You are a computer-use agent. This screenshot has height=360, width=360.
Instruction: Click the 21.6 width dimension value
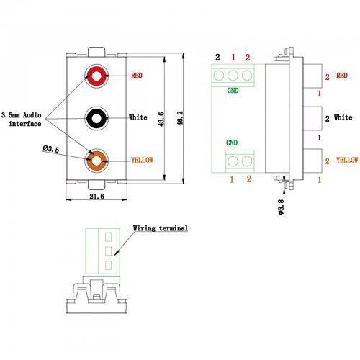[x=96, y=197]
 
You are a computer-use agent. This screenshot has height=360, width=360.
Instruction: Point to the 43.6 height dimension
[x=161, y=119]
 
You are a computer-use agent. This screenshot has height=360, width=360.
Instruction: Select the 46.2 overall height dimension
[x=180, y=118]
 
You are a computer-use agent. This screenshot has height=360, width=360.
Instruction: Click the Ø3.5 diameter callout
[x=51, y=149]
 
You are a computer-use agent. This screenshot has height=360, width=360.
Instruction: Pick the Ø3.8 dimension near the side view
[x=281, y=207]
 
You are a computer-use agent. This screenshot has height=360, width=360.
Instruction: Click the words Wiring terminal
[x=161, y=228]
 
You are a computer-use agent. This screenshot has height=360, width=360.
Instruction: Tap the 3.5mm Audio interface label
[x=22, y=120]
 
